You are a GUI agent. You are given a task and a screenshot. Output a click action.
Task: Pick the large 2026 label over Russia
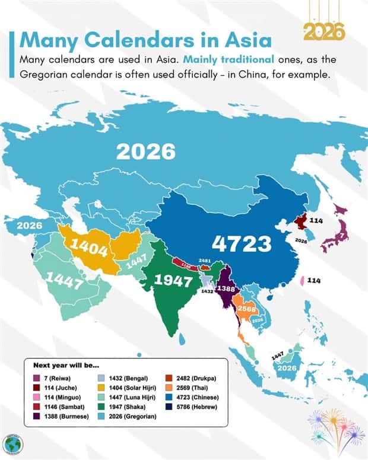(146, 151)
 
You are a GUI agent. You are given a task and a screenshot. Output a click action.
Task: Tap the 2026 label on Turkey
(28, 226)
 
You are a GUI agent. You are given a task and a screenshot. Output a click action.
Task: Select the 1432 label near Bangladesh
(206, 292)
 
